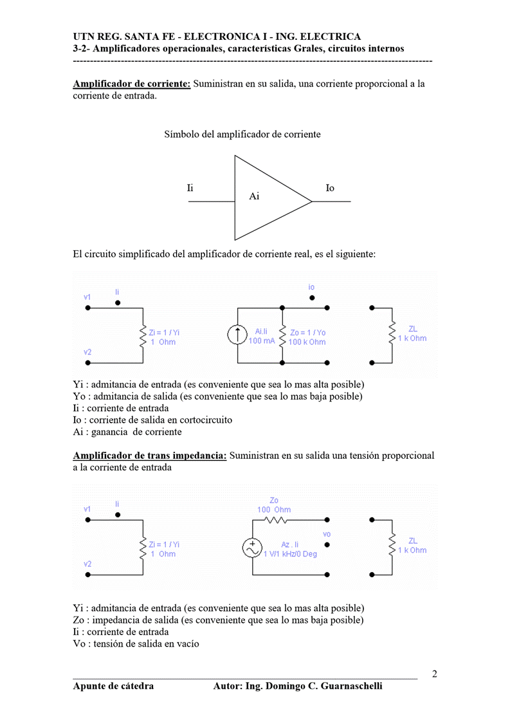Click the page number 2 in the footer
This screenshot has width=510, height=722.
435,674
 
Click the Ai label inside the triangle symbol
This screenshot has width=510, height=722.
254,196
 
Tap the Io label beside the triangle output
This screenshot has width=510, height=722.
330,188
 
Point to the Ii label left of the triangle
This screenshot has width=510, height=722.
190,188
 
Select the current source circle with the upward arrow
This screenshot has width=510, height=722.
238,335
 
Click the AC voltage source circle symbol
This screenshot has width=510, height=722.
251,548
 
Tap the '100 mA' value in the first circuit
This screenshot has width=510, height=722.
261,341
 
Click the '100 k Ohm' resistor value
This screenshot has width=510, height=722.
307,342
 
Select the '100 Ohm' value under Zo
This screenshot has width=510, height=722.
274,510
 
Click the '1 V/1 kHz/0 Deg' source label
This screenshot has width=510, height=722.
290,554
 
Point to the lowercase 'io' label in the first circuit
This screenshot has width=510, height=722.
312,287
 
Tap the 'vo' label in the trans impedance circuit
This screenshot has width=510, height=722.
327,534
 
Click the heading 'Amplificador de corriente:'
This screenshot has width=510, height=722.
132,84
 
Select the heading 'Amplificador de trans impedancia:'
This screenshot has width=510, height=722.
150,456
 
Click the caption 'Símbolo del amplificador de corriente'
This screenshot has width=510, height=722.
242,134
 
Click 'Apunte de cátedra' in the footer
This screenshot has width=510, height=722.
113,686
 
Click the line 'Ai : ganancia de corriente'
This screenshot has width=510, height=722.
127,432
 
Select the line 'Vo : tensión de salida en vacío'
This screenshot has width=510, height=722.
136,643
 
